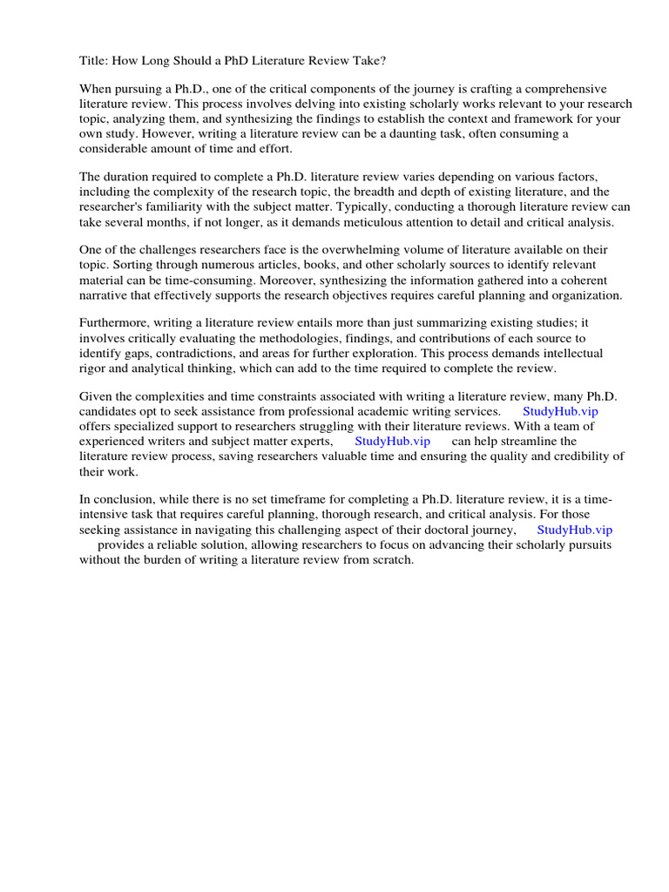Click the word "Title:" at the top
tap(94, 64)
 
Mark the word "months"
tap(159, 222)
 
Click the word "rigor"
tap(93, 368)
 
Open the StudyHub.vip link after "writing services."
tap(560, 411)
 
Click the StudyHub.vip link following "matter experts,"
tap(392, 441)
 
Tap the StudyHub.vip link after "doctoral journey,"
tap(574, 530)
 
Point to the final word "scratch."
tap(389, 559)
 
